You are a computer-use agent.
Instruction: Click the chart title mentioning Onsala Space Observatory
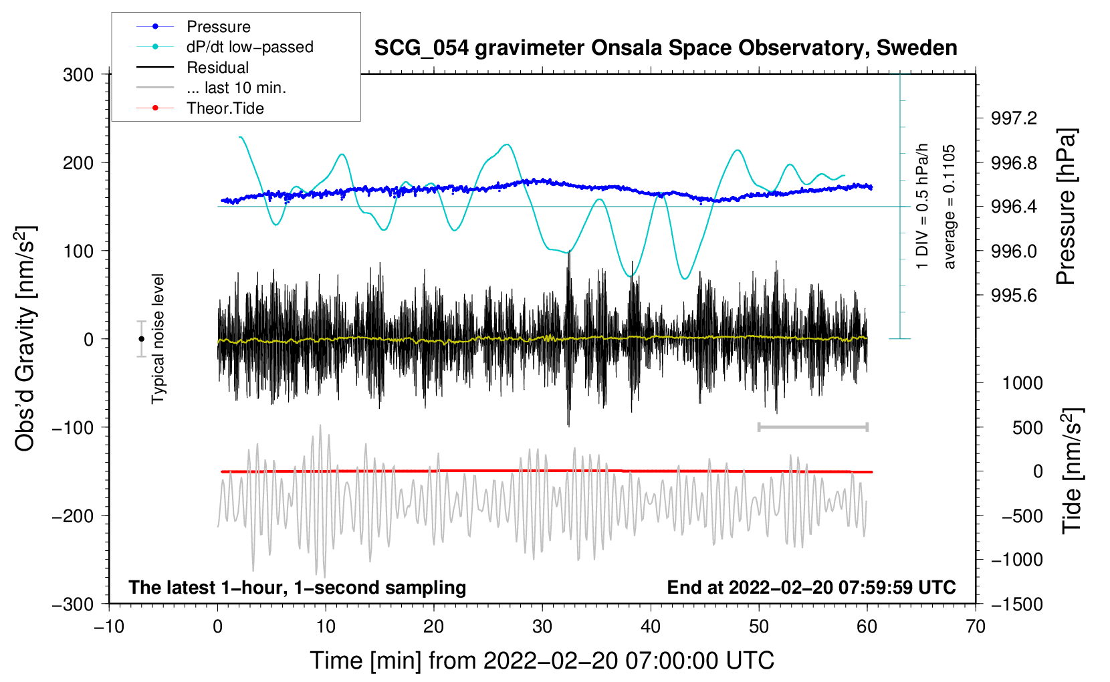point(665,48)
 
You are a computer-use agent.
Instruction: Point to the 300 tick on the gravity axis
point(78,75)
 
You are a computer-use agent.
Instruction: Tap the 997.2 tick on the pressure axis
point(1014,118)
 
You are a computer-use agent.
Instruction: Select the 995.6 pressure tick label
point(1014,296)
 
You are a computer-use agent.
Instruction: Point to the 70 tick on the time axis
point(976,627)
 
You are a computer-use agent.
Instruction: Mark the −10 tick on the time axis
point(109,627)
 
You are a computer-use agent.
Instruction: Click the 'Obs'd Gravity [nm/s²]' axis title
point(25,339)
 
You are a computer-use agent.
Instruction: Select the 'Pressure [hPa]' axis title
point(1066,207)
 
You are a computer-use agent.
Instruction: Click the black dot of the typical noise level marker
point(141,339)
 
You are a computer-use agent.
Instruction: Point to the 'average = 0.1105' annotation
point(950,207)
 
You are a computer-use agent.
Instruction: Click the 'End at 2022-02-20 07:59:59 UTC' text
point(811,587)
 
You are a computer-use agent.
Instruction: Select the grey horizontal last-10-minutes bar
point(812,427)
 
